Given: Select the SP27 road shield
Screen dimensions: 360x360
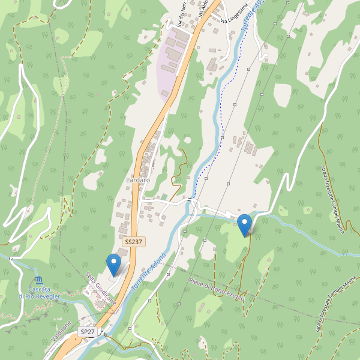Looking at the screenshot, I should point(88,332).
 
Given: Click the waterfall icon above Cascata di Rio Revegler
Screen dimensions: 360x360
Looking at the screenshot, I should point(39,281).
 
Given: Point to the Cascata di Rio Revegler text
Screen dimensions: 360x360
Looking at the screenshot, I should point(39,293).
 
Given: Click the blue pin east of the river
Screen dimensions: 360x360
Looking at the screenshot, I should point(244,225).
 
